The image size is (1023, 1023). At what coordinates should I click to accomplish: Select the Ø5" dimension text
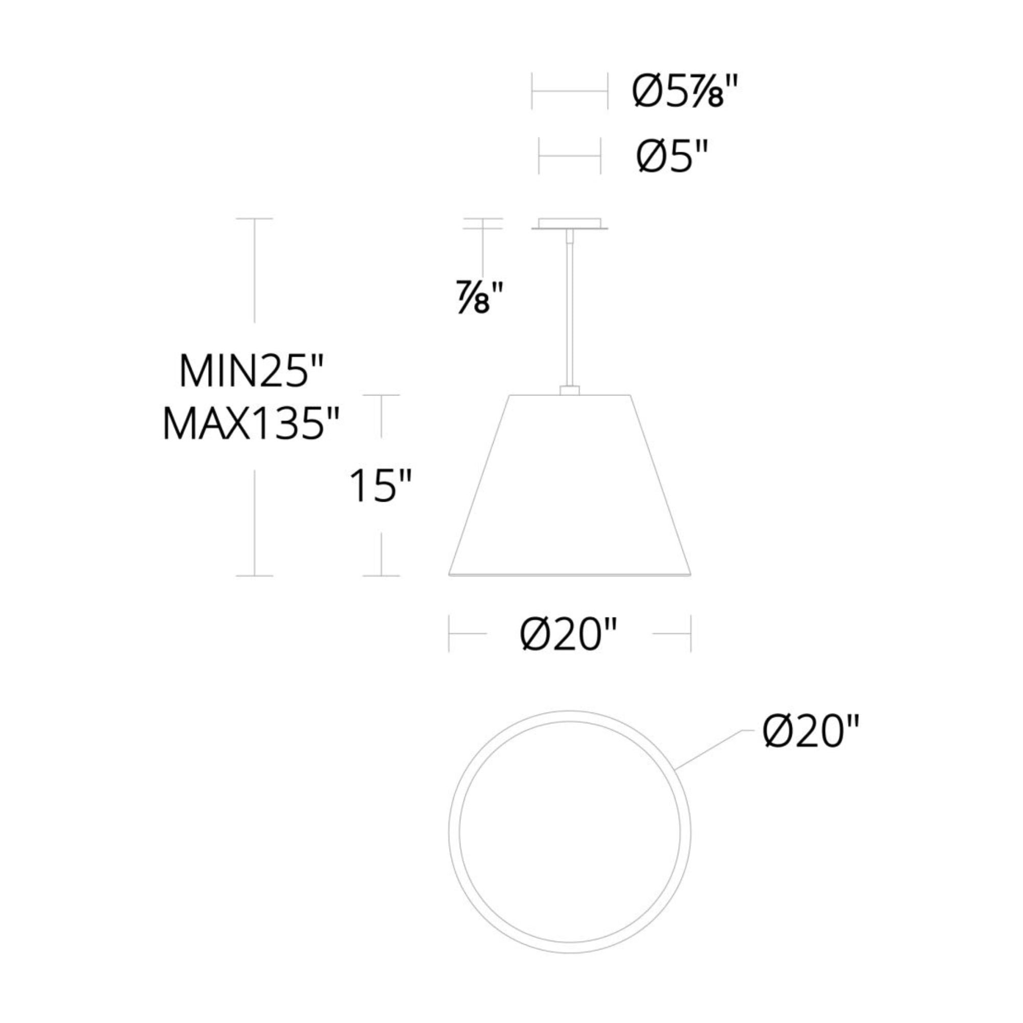pos(672,156)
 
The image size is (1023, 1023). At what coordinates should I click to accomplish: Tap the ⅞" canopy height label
pos(479,299)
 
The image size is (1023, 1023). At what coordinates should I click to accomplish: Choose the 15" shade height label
pos(380,485)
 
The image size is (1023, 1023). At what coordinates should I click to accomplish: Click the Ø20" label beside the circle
pos(811,732)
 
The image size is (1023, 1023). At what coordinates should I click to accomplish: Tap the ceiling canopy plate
pos(570,224)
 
